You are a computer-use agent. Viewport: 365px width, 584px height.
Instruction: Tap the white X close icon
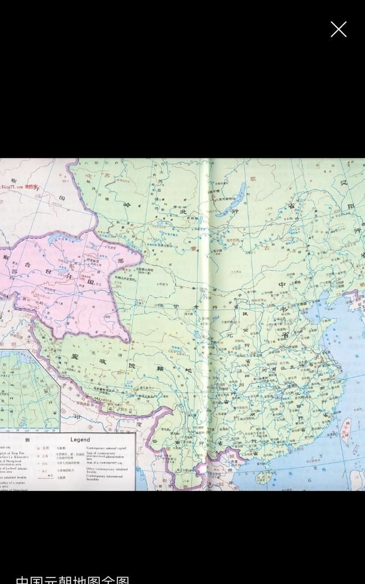point(338,29)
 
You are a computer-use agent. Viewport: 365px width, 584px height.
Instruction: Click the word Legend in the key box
point(80,440)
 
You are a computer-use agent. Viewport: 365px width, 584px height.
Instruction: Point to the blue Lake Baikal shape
point(234,200)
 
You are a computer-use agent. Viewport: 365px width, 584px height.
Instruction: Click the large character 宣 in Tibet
point(74,357)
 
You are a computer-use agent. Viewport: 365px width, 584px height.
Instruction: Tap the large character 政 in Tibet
point(103,362)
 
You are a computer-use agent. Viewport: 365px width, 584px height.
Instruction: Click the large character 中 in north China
point(282,284)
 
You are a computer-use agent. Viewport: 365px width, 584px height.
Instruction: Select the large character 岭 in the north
point(127,204)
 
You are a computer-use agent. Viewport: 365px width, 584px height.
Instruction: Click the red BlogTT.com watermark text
point(19,186)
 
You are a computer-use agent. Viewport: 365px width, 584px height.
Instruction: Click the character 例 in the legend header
point(27,440)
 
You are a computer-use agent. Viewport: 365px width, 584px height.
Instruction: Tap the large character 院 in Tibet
point(132,365)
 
